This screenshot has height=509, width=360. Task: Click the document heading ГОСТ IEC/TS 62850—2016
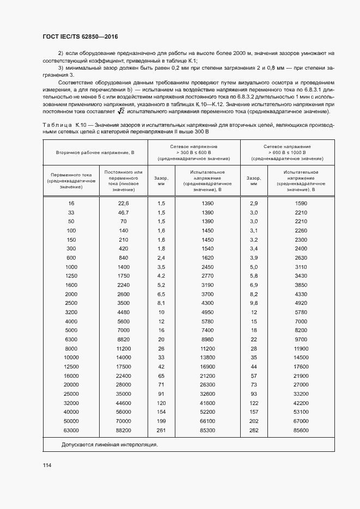(x=80, y=37)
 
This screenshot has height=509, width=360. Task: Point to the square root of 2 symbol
(x=121, y=112)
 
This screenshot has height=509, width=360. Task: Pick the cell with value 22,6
(x=123, y=203)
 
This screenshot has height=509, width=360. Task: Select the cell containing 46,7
(x=123, y=212)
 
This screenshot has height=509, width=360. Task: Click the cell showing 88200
(x=123, y=431)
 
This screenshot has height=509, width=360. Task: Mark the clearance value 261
(x=161, y=431)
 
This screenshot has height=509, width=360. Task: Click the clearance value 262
(x=253, y=431)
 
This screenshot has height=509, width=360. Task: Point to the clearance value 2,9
(x=253, y=203)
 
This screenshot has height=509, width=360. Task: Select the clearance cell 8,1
(x=161, y=303)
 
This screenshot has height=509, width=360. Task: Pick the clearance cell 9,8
(x=253, y=303)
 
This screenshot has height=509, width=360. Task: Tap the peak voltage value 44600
(x=123, y=403)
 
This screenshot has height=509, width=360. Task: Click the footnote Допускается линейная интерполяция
(x=109, y=445)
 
